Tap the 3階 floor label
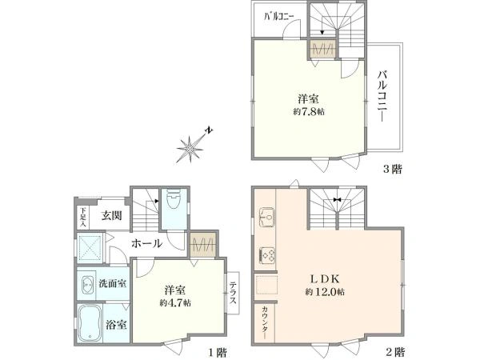pos(390,169)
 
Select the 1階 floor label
pos(218,352)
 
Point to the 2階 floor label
pos(393,352)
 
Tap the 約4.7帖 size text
pos(175,303)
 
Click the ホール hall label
pos(146,243)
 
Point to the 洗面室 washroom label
pos(111,284)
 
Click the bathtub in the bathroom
pos(91,324)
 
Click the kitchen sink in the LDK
pos(266,216)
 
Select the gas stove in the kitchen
pos(266,256)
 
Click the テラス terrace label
pos(232,292)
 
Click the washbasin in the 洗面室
pos(86,284)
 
